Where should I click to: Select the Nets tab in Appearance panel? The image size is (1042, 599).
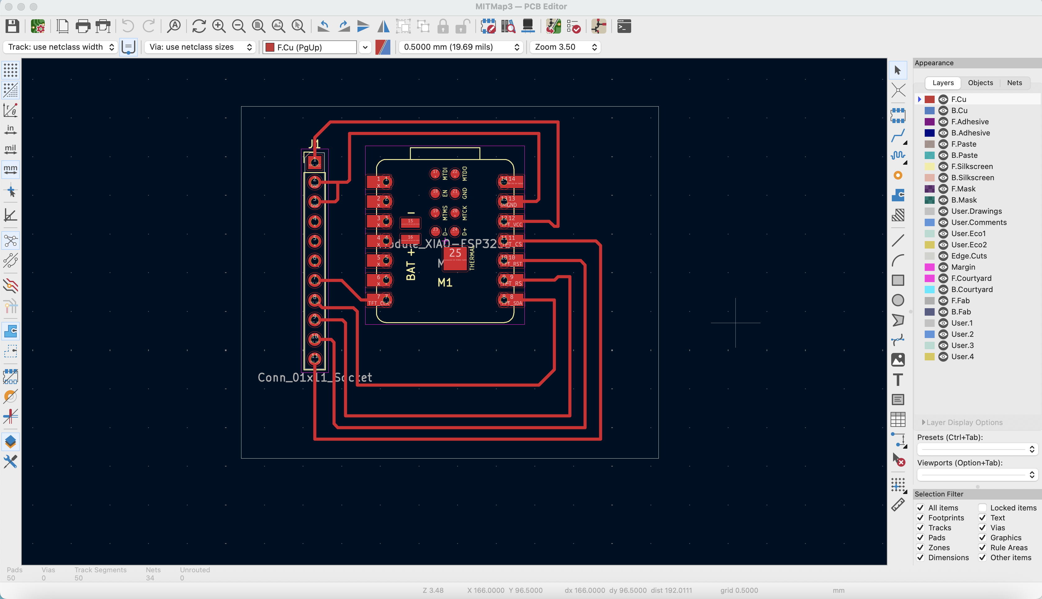[x=1014, y=83]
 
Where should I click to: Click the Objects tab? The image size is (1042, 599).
[x=980, y=83]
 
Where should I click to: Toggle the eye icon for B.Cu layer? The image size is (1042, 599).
[x=943, y=111]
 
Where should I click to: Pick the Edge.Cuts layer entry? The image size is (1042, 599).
[x=968, y=256]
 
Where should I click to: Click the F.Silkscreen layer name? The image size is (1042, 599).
[x=972, y=167]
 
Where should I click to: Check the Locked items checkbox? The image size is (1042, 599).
[x=982, y=508]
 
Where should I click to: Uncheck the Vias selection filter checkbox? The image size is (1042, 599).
[x=982, y=528]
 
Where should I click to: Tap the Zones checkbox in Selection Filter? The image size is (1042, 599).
[x=920, y=547]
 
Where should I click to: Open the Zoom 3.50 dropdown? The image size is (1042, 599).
[x=565, y=47]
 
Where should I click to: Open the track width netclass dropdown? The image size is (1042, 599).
[x=61, y=47]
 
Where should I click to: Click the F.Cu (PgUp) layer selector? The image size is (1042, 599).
[x=310, y=47]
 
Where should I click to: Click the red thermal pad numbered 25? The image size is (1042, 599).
[x=455, y=259]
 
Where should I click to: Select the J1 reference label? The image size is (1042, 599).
[x=314, y=144]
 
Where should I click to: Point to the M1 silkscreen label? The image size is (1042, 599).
[x=445, y=283]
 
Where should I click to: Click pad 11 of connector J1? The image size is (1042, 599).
[x=315, y=358]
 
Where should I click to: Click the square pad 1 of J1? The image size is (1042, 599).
[x=315, y=162]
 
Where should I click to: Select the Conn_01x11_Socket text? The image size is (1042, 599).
[x=315, y=377]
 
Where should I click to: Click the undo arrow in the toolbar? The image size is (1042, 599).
[x=128, y=26]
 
